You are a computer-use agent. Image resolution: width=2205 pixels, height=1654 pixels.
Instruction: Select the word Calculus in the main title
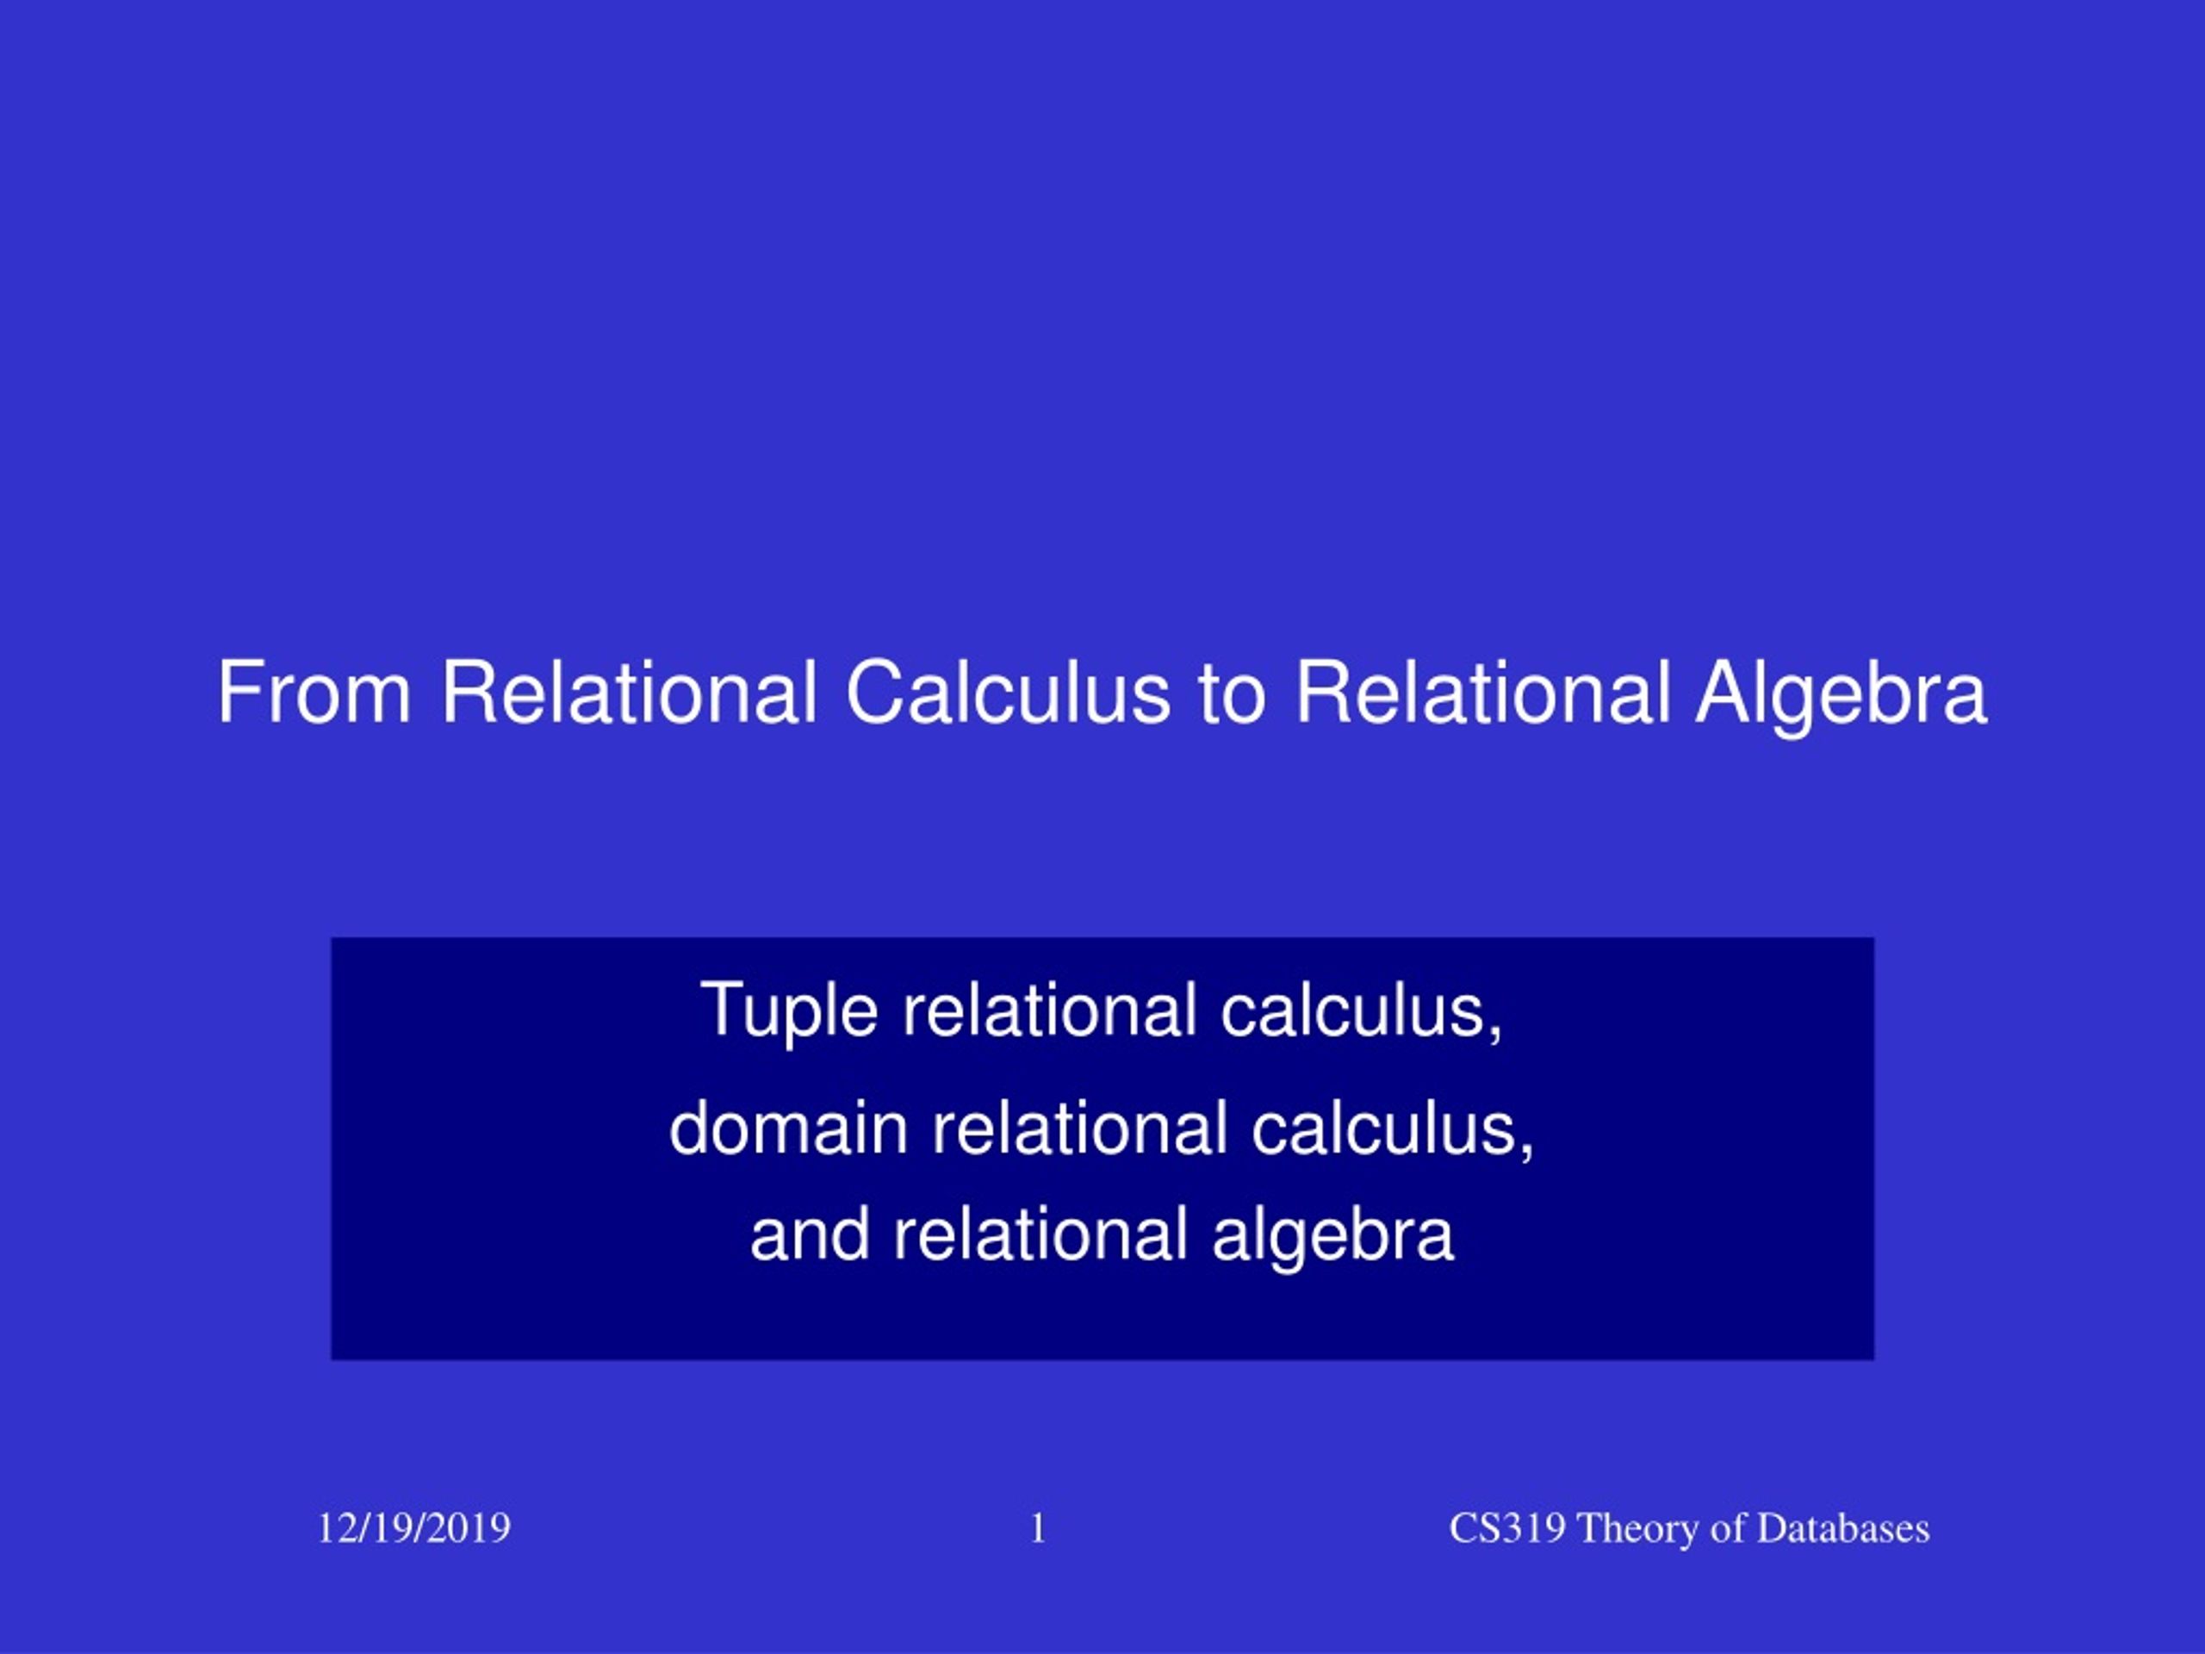(x=1008, y=692)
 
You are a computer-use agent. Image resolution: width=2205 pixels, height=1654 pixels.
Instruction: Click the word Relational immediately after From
(x=629, y=692)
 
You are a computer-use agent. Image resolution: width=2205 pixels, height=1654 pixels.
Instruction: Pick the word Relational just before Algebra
(x=1482, y=692)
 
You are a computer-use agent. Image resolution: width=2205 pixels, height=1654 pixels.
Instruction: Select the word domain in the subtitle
(x=788, y=1129)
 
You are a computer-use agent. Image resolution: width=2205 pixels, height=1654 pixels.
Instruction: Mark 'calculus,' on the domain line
(x=1393, y=1129)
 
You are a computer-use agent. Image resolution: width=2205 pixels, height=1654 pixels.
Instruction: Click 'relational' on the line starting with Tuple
(x=1049, y=1010)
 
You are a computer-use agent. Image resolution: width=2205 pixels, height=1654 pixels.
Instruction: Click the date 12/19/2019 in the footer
(x=413, y=1528)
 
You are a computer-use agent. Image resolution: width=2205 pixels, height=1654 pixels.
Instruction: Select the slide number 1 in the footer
(x=1038, y=1528)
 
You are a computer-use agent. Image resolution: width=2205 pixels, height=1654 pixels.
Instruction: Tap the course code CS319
(x=1507, y=1528)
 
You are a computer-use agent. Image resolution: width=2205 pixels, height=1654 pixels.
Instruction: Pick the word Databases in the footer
(x=1843, y=1528)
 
